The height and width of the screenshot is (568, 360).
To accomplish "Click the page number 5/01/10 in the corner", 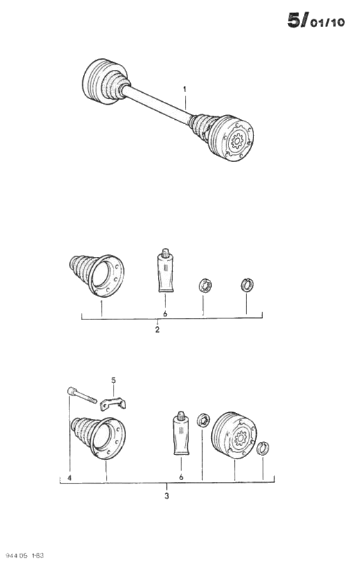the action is tap(316, 20).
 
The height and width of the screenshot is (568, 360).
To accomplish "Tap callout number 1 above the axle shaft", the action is tap(185, 89).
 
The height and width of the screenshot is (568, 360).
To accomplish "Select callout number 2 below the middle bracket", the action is tap(157, 330).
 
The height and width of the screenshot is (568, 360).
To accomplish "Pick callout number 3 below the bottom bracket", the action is tap(167, 495).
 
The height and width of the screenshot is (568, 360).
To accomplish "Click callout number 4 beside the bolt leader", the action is tap(69, 478).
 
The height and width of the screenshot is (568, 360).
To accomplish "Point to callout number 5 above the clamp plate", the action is tap(114, 380).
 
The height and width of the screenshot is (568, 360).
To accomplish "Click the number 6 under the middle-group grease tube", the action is tap(165, 314).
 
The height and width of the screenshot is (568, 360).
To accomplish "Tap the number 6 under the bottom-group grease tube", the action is tap(181, 477).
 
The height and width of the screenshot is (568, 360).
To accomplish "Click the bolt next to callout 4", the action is tap(82, 395).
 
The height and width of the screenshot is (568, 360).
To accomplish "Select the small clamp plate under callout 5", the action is tap(113, 404).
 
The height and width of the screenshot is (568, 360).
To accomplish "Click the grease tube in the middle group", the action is tap(165, 270).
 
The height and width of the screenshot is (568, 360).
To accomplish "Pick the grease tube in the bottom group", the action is tap(181, 433).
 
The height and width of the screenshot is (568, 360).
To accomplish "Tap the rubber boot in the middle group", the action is tap(97, 275).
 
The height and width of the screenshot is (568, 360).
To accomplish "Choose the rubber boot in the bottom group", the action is tap(98, 438).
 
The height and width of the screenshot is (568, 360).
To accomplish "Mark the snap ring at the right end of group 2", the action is tap(247, 285).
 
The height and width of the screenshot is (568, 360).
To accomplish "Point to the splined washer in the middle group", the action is tap(205, 286).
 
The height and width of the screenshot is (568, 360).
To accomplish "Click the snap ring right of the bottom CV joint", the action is tap(262, 448).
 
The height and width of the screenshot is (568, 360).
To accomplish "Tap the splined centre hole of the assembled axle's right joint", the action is tap(237, 140).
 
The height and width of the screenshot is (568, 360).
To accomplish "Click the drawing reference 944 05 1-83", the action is tap(22, 556).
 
